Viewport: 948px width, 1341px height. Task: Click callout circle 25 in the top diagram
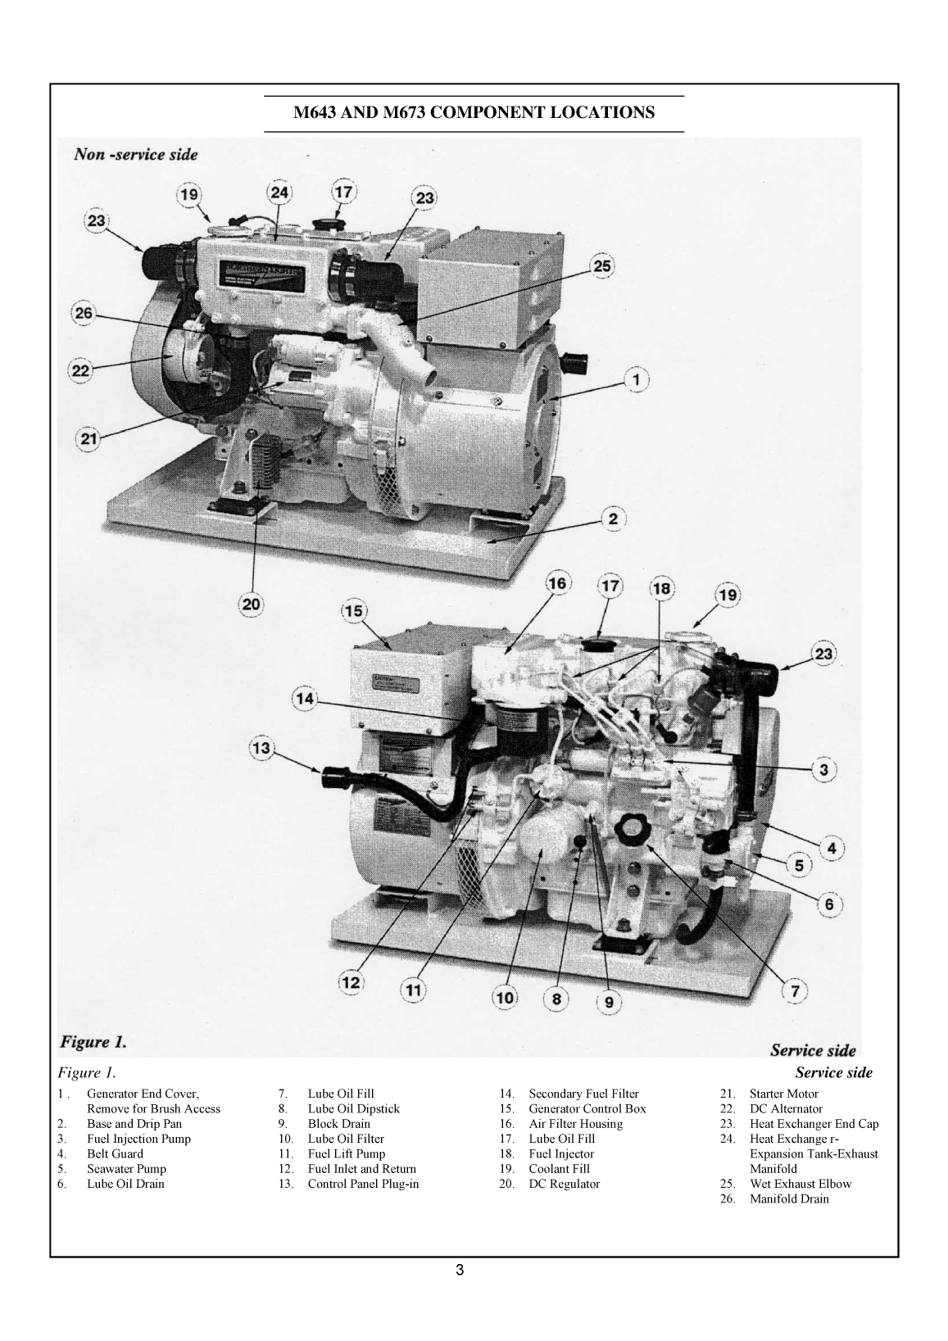tap(602, 266)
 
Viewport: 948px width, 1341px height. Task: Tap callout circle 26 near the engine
tap(83, 314)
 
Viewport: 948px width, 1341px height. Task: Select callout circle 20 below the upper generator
tap(251, 605)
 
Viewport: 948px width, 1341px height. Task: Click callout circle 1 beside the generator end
tap(637, 378)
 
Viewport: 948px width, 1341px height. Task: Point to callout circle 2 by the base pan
tap(613, 518)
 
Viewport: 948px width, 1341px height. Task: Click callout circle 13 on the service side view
tap(261, 748)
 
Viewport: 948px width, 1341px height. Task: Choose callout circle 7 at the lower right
tap(794, 990)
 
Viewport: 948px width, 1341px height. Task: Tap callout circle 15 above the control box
tap(354, 611)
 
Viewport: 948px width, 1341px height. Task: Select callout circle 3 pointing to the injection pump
tap(823, 769)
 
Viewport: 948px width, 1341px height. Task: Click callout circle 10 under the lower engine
tap(505, 997)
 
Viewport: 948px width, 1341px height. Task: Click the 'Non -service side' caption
tap(136, 154)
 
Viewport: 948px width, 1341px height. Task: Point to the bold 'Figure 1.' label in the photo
tap(93, 1042)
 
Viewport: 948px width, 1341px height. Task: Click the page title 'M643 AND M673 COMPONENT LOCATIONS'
tap(474, 112)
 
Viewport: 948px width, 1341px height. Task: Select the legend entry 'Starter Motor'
tap(783, 1094)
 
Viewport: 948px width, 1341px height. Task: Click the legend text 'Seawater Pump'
tap(126, 1169)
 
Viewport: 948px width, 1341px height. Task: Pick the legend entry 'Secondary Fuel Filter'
tap(583, 1094)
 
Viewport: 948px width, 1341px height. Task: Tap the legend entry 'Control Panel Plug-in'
tap(363, 1184)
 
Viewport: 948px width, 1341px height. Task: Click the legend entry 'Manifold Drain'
tap(789, 1198)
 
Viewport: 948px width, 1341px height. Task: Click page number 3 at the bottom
tap(460, 1271)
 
